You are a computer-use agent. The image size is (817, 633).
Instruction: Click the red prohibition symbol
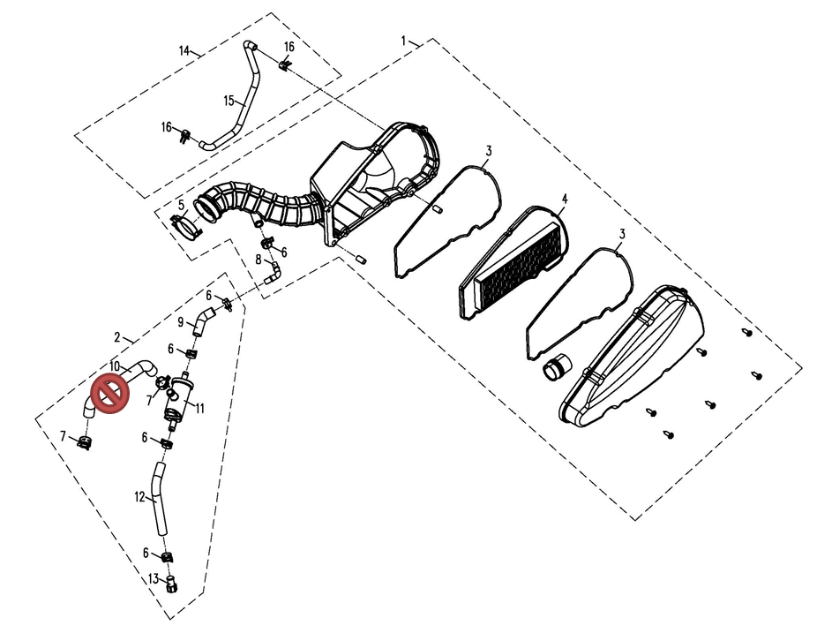(x=110, y=394)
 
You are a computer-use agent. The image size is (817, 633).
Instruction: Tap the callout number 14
(x=184, y=50)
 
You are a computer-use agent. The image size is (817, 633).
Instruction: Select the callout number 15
(x=229, y=100)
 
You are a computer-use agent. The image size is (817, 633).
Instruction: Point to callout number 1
(x=403, y=40)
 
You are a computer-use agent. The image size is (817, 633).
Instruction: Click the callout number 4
(x=565, y=199)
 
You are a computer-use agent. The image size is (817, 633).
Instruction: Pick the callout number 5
(x=181, y=205)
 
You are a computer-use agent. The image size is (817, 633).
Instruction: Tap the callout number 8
(x=259, y=260)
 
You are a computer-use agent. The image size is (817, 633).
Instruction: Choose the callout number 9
(x=180, y=322)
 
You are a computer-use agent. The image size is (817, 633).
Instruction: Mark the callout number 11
(x=200, y=408)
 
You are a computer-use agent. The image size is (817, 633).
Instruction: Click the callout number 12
(x=139, y=497)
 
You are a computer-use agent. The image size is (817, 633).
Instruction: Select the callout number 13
(x=154, y=579)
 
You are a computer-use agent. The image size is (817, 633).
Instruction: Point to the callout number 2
(x=117, y=337)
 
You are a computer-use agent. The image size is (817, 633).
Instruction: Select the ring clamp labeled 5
(x=186, y=228)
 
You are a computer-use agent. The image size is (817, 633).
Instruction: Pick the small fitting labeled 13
(x=170, y=584)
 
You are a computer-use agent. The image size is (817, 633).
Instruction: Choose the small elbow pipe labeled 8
(x=273, y=273)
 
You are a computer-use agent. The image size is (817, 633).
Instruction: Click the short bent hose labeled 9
(x=202, y=320)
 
